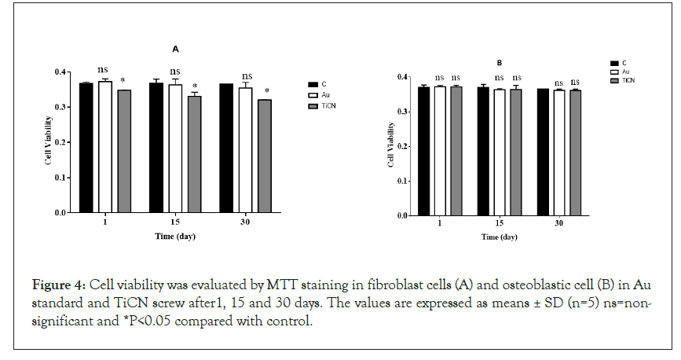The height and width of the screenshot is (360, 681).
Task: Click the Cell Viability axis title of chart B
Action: tap(391, 146)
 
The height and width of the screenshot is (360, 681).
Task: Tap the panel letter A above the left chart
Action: tap(175, 50)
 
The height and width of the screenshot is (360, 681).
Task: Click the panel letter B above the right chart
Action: tap(499, 62)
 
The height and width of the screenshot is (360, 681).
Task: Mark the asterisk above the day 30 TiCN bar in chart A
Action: tap(266, 91)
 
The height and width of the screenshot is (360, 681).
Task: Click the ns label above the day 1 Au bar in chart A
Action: tap(104, 69)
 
